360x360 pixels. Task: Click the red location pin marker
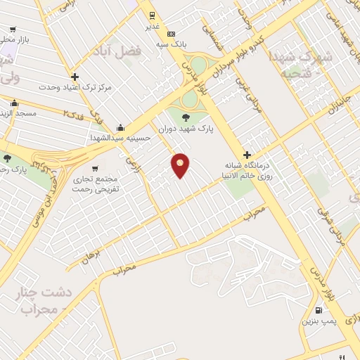coord(181,165)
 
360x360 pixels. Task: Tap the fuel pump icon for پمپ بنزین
coord(320,310)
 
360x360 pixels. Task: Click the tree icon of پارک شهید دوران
coord(186,118)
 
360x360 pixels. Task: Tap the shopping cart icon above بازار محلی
coord(13,30)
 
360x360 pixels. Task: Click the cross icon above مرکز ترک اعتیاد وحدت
coord(75,77)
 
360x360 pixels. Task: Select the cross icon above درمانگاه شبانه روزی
coord(247,154)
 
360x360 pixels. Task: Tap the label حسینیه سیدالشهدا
coord(122,139)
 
